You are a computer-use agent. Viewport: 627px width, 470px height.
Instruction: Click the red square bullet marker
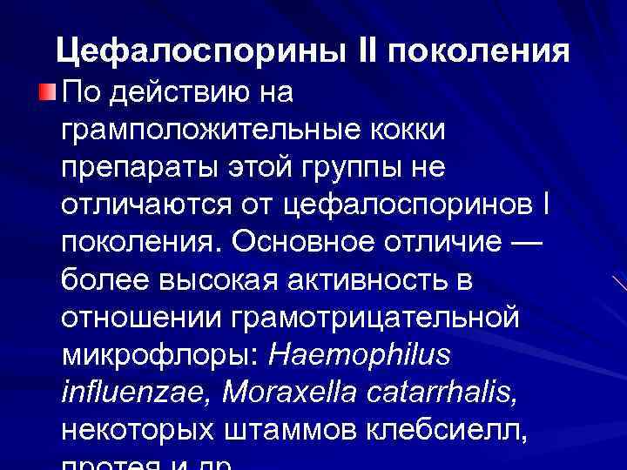(x=48, y=91)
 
